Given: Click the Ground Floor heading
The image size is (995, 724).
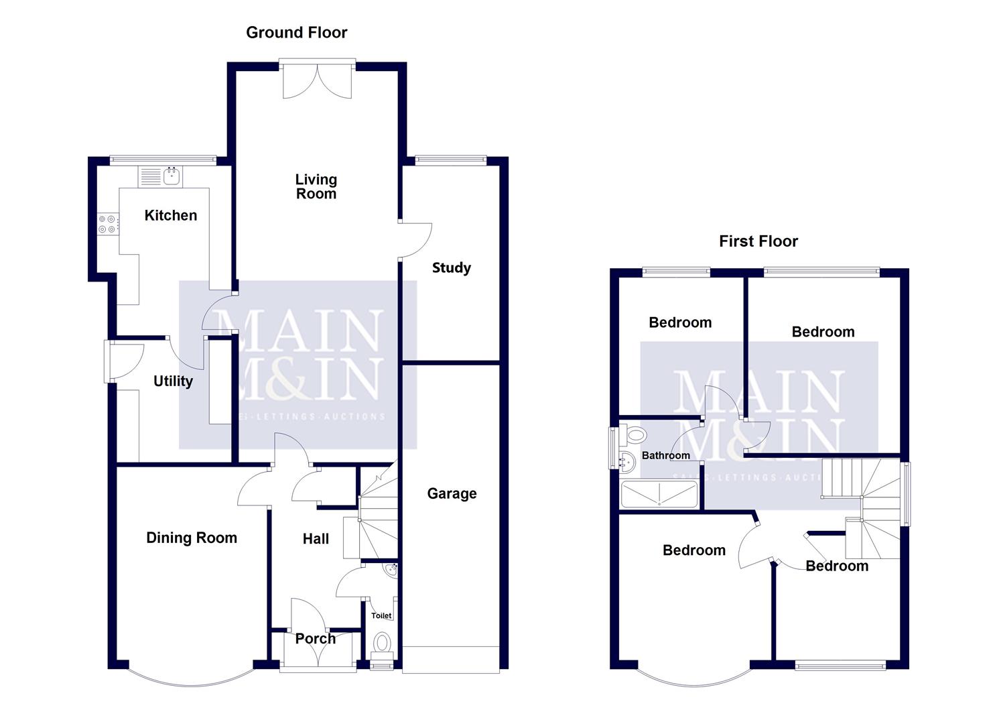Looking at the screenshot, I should click(x=296, y=32).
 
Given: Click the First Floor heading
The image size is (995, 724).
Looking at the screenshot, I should click(x=758, y=241).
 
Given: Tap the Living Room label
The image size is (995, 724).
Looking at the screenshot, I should click(x=316, y=186).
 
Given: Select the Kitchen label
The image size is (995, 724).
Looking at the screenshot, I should click(x=171, y=215).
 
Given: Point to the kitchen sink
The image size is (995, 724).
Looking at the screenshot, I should click(x=172, y=177).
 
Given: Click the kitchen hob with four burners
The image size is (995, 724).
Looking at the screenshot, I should click(x=107, y=224).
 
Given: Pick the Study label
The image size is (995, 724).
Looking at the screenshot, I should click(x=451, y=268).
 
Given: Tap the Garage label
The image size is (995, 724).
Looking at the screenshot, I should click(x=452, y=494).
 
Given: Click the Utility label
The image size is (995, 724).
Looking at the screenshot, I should click(x=173, y=381).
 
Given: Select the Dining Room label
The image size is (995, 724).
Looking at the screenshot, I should click(x=192, y=538).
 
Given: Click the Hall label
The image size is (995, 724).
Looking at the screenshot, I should click(x=316, y=539).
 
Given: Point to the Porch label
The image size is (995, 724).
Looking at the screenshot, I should click(x=316, y=638).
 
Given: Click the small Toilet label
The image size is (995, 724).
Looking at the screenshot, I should click(x=381, y=615).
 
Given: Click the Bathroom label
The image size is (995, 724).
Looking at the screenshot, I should click(x=665, y=456).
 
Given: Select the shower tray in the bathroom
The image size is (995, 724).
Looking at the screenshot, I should click(x=659, y=494).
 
